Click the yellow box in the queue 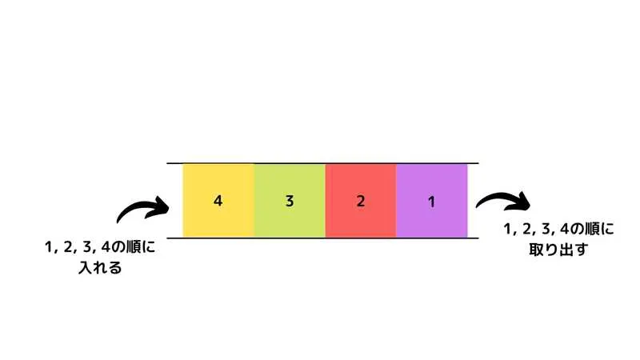pyautogui.click(x=218, y=184)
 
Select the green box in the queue pyautogui.click(x=290, y=184)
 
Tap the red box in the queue pyautogui.click(x=361, y=184)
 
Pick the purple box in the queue pyautogui.click(x=432, y=184)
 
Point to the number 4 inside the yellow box pyautogui.click(x=218, y=202)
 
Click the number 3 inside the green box pyautogui.click(x=290, y=202)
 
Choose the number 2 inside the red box pyautogui.click(x=361, y=202)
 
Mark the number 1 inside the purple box pyautogui.click(x=432, y=202)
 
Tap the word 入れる pyautogui.click(x=100, y=268)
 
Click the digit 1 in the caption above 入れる pyautogui.click(x=50, y=248)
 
